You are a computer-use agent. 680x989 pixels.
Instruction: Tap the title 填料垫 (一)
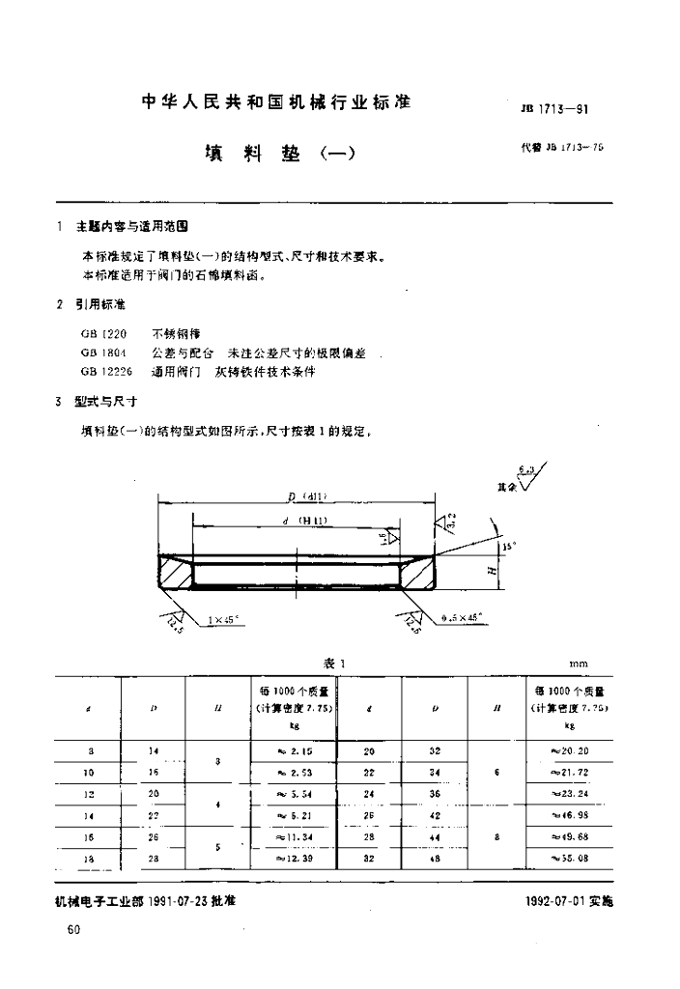pos(280,154)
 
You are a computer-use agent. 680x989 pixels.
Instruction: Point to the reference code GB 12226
pos(105,371)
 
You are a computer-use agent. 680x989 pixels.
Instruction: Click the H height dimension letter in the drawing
pos(492,572)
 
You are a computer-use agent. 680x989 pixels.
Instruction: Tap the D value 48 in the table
pos(435,858)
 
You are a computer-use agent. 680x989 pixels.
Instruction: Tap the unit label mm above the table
pos(578,664)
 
